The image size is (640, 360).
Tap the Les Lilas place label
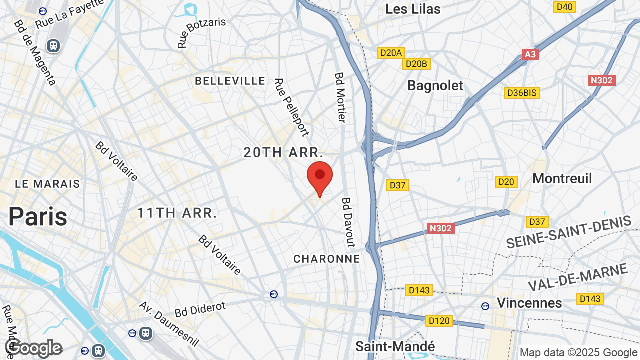click(413, 9)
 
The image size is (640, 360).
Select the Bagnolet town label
click(435, 85)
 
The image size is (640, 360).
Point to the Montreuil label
click(562, 178)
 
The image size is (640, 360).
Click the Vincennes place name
click(529, 303)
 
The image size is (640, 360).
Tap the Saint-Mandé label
click(395, 346)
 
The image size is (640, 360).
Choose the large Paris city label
click(37, 217)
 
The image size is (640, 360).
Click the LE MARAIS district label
click(47, 184)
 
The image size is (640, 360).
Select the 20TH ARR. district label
click(283, 153)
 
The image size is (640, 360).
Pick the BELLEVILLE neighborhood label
click(230, 81)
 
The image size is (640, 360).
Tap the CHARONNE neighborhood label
click(326, 259)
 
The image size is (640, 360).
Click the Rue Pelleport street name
click(291, 107)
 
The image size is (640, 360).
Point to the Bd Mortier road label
click(340, 97)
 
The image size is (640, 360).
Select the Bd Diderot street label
click(200, 309)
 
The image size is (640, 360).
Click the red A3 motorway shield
click(530, 54)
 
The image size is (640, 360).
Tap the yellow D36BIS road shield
click(522, 93)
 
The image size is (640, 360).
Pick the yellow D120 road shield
click(439, 321)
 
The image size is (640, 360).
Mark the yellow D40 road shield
click(564, 6)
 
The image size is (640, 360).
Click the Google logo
click(34, 348)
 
